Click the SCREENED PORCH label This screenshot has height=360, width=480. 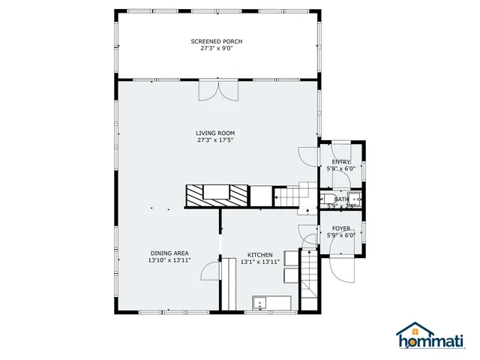[216, 41]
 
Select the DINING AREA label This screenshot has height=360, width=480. [169, 253]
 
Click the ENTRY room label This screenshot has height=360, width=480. [341, 162]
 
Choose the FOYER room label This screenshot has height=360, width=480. [341, 228]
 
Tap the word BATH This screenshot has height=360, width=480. [341, 199]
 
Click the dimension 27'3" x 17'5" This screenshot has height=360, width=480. [216, 140]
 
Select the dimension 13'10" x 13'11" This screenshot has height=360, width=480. [169, 261]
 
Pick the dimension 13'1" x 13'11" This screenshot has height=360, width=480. [259, 262]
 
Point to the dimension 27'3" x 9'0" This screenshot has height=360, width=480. [216, 49]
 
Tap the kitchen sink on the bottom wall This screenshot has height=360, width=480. [261, 303]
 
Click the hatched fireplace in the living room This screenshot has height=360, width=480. [217, 196]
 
